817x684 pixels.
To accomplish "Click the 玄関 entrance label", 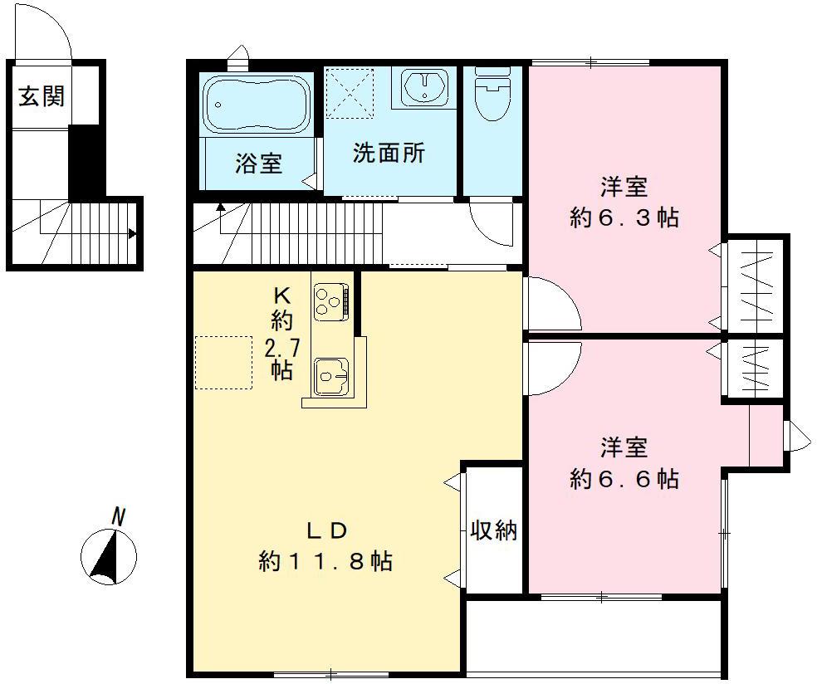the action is [x=42, y=96].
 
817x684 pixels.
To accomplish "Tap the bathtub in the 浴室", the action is [x=257, y=105].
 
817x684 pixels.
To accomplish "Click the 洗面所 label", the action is [x=389, y=153].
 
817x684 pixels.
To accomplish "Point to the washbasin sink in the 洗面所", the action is [x=426, y=87].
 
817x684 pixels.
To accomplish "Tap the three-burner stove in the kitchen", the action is [x=330, y=300].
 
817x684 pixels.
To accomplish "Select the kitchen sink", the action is [x=331, y=376].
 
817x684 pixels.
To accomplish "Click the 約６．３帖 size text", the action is [x=624, y=217].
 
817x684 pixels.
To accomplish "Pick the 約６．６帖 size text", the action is [x=624, y=478].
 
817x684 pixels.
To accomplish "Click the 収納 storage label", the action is [x=493, y=530].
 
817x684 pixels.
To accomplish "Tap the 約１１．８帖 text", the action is [x=325, y=561].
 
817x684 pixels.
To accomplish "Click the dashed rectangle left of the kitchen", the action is [x=223, y=363].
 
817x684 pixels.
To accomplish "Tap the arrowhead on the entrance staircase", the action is [x=132, y=234].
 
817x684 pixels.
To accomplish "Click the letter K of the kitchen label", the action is [x=282, y=296].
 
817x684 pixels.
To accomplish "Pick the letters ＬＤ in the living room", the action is [x=326, y=531].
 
